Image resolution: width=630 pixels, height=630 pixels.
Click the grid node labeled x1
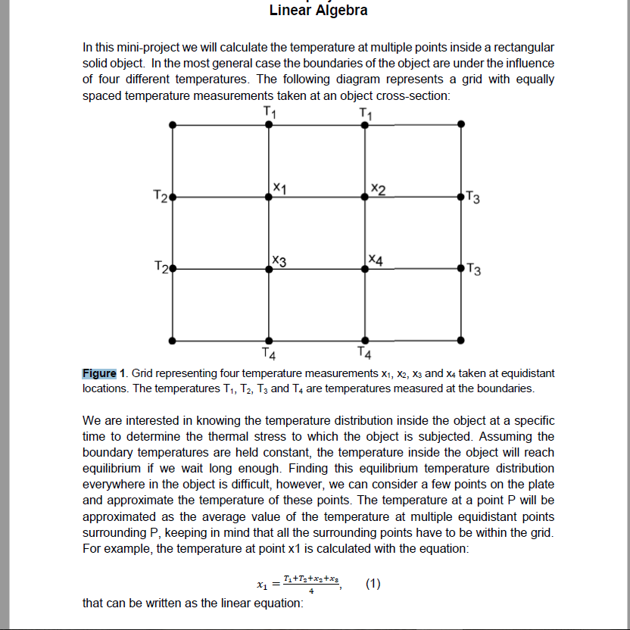pos(269,197)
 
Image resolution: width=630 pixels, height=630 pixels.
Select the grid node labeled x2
pos(366,197)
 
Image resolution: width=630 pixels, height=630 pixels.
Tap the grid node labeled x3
pos(269,269)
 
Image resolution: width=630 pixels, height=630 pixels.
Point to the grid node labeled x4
pos(366,269)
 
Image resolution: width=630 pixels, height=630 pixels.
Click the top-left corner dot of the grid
pos(173,125)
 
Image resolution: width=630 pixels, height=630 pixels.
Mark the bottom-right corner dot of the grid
pos(462,341)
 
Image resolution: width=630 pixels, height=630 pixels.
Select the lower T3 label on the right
pos(474,269)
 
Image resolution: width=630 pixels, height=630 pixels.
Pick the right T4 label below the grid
pos(364,353)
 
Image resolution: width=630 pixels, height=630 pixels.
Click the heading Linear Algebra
pos(318,11)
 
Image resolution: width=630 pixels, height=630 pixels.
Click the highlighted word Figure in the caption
pos(99,373)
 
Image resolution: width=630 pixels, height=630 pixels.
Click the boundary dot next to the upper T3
pos(462,197)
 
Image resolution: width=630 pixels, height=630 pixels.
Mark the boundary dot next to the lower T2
pos(173,269)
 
